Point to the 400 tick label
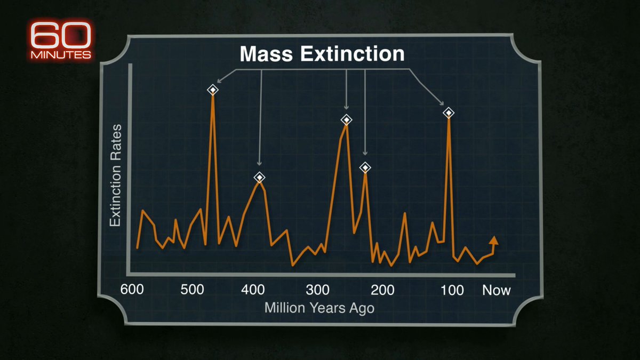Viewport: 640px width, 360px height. [253, 290]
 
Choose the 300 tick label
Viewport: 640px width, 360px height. [317, 290]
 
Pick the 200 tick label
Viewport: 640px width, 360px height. [382, 290]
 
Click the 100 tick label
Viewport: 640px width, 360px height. [452, 290]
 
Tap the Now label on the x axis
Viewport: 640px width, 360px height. [496, 290]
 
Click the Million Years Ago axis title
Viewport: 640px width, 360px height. [319, 308]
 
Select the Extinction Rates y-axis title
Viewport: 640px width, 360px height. [115, 175]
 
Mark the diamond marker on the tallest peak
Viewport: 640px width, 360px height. [213, 90]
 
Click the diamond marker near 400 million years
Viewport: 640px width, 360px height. [259, 178]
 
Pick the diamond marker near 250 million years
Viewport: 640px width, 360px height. [347, 119]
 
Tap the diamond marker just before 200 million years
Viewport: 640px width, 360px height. [365, 167]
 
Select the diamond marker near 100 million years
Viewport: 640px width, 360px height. [449, 113]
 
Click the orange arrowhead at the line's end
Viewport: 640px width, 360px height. [493, 240]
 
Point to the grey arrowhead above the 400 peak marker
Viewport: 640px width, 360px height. [259, 164]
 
